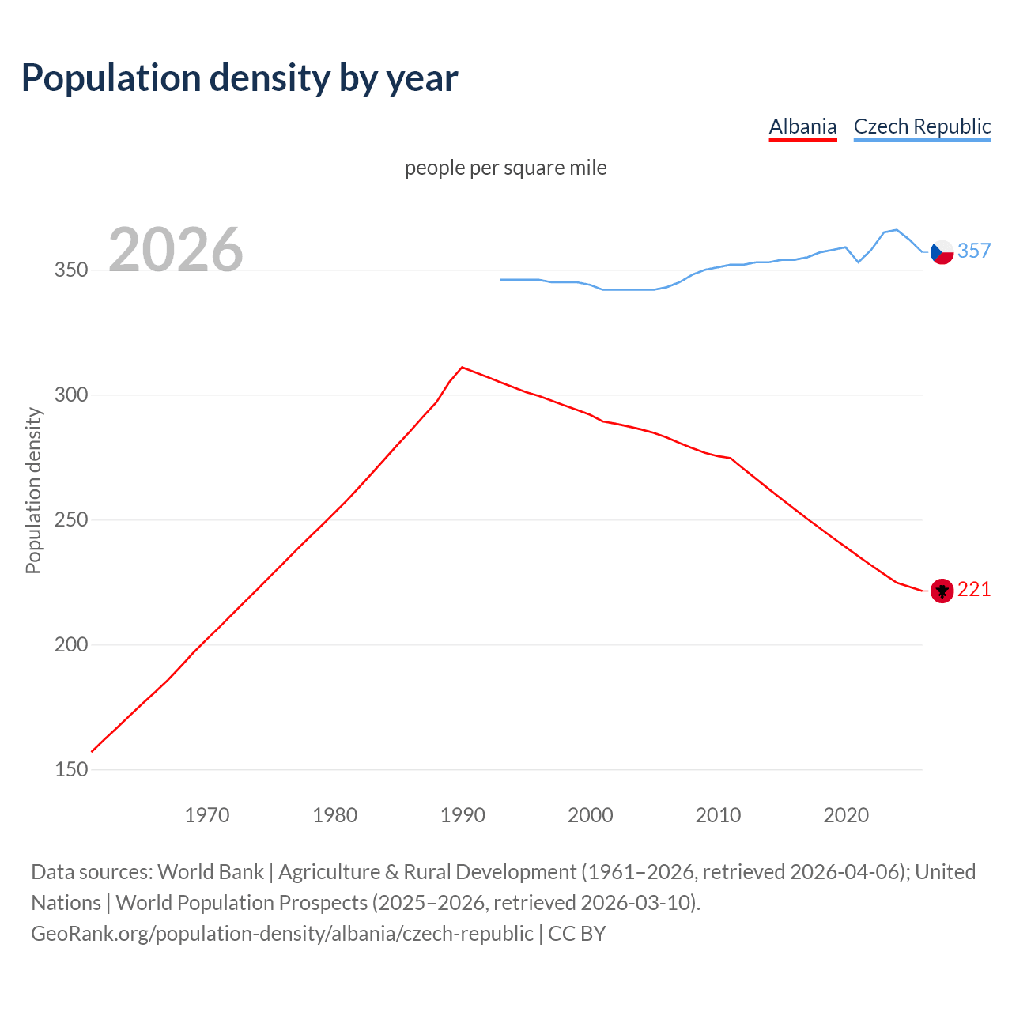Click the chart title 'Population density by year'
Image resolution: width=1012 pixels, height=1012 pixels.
240,77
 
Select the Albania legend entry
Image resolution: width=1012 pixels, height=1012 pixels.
802,126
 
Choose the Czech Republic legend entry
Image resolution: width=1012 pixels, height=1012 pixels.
922,126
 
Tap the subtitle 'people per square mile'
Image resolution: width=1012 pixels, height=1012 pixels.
506,168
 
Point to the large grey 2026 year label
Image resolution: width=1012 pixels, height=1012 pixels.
176,250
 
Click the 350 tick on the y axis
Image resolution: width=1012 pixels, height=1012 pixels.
71,270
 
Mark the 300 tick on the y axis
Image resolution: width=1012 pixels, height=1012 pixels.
71,395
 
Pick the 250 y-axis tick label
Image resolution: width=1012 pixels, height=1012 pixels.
71,520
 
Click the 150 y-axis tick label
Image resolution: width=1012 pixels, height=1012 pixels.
71,770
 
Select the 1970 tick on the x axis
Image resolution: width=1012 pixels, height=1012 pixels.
207,815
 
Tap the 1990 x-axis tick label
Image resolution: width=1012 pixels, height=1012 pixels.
463,815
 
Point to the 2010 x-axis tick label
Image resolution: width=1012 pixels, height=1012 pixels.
718,815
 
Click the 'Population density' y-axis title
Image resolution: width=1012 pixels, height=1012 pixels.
33,490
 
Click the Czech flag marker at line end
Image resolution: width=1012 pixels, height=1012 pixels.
942,252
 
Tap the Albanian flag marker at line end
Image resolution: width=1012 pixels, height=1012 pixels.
942,591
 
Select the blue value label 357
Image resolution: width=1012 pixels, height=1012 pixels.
974,251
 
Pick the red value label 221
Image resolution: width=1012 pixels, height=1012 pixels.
974,590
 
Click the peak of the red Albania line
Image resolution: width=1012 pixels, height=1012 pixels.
462,367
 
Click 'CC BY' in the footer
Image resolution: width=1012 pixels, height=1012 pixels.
577,934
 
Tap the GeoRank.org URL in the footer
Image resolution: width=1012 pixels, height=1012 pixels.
282,934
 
